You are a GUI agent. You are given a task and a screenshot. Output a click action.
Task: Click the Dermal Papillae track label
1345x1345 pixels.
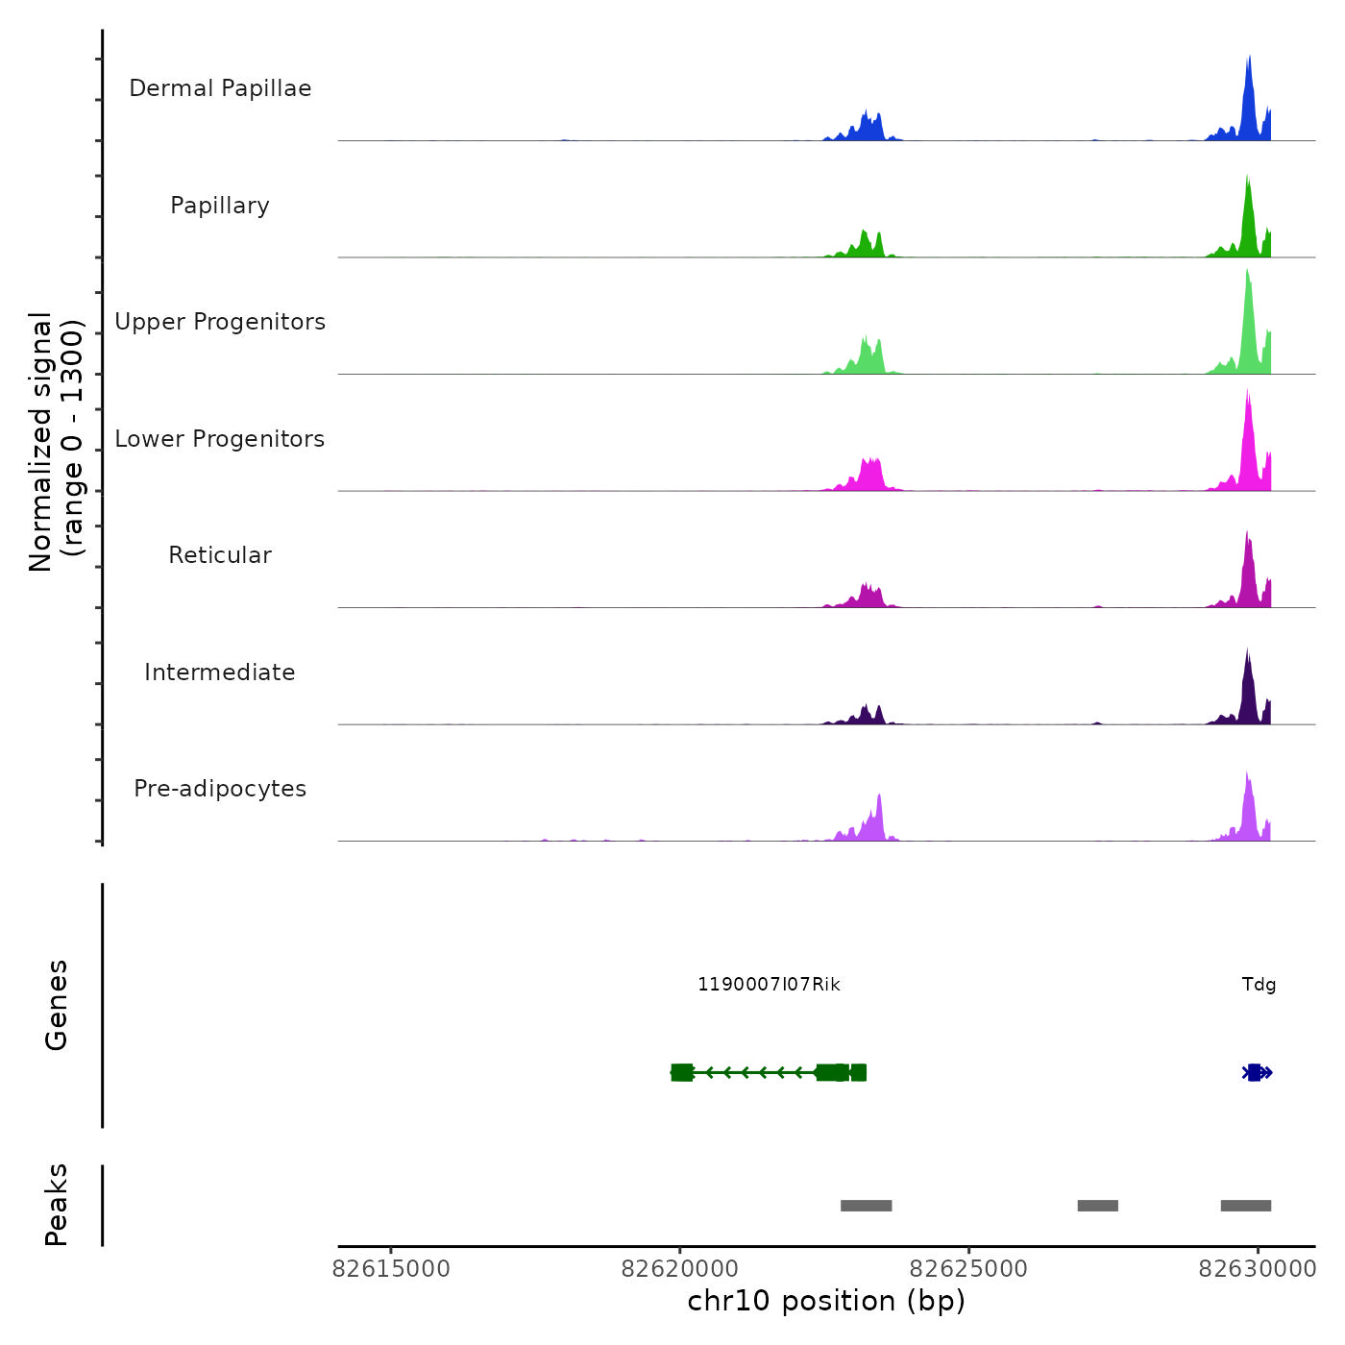(220, 88)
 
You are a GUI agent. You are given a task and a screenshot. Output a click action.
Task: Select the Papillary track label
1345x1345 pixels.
(220, 206)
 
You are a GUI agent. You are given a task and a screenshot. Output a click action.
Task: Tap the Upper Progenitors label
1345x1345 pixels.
(220, 322)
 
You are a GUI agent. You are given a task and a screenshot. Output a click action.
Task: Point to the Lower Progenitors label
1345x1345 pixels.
(220, 439)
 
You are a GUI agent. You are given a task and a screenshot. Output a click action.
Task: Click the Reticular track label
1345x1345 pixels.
(220, 555)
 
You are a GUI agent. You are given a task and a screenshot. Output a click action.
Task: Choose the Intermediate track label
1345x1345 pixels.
(220, 672)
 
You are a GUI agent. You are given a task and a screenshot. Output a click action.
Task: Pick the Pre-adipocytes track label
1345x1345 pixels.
(220, 789)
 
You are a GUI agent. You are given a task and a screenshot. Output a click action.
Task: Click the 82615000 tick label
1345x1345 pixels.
(391, 1269)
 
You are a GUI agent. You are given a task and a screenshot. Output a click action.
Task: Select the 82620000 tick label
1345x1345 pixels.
(680, 1269)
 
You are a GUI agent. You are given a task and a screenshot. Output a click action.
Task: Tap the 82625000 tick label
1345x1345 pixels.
(968, 1269)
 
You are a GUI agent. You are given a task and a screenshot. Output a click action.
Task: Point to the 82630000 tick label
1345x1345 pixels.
(1257, 1269)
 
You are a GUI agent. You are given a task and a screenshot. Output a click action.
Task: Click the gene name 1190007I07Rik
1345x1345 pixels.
(769, 985)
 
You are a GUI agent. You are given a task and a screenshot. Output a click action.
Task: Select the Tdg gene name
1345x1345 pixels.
(1259, 985)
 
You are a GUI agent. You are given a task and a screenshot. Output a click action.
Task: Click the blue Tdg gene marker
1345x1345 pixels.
(1256, 1073)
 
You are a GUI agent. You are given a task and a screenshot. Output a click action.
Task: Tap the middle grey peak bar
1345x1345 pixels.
(1097, 1206)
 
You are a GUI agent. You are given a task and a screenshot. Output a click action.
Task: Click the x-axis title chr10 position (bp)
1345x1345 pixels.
(826, 1301)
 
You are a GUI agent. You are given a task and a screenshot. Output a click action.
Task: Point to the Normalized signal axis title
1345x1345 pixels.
(56, 442)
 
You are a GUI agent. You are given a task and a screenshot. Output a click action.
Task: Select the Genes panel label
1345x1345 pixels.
(57, 1005)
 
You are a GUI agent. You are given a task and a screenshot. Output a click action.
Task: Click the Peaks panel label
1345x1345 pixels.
(57, 1205)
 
